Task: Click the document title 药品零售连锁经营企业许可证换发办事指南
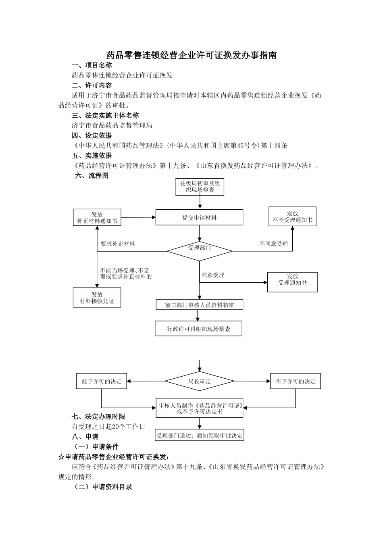coord(191,55)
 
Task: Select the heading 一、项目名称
coord(92,65)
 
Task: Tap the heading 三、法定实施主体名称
coord(105,115)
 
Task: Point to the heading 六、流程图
coord(92,176)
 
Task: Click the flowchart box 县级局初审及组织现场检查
coord(200,187)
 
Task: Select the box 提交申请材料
coord(199,217)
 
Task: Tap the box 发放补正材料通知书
coord(97,217)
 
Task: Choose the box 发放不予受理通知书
coord(292,217)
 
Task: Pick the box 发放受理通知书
coord(292,282)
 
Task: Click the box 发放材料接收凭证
coord(97,298)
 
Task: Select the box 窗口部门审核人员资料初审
coord(200,305)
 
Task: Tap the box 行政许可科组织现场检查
coord(199,329)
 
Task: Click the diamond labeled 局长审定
coord(200,381)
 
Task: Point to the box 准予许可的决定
coord(102,381)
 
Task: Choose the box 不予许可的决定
coord(296,381)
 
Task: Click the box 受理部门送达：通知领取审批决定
coord(200,436)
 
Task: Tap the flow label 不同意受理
coord(273,244)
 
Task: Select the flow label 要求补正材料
coord(118,244)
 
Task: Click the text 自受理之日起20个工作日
coord(108,426)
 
